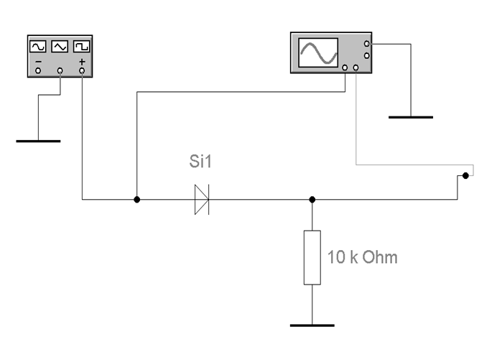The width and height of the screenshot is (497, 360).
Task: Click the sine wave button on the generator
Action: [38, 47]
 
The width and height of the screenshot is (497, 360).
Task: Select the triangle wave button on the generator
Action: [60, 47]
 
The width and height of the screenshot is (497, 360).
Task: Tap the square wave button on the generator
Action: [81, 47]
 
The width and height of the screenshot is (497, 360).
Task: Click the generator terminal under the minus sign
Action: [38, 70]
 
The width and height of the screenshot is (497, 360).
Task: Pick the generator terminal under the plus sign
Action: [82, 70]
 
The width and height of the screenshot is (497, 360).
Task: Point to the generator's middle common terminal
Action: [60, 70]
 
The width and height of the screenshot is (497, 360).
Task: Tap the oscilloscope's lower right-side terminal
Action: [367, 55]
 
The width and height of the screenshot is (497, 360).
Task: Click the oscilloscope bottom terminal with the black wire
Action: [346, 68]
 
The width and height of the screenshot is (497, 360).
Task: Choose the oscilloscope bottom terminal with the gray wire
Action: [356, 68]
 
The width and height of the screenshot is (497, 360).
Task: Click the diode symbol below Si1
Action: [201, 200]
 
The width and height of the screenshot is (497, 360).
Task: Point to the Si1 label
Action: [201, 164]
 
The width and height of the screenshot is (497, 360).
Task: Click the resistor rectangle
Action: [312, 257]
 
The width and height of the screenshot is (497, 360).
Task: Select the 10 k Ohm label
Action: [362, 257]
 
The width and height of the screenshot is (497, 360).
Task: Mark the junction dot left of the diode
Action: [136, 200]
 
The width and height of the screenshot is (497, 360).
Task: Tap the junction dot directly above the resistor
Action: [312, 200]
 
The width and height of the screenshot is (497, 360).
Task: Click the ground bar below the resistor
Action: [312, 325]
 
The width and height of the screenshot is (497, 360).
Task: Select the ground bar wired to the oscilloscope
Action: [410, 116]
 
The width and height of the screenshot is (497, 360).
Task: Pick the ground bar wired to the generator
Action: [38, 141]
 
